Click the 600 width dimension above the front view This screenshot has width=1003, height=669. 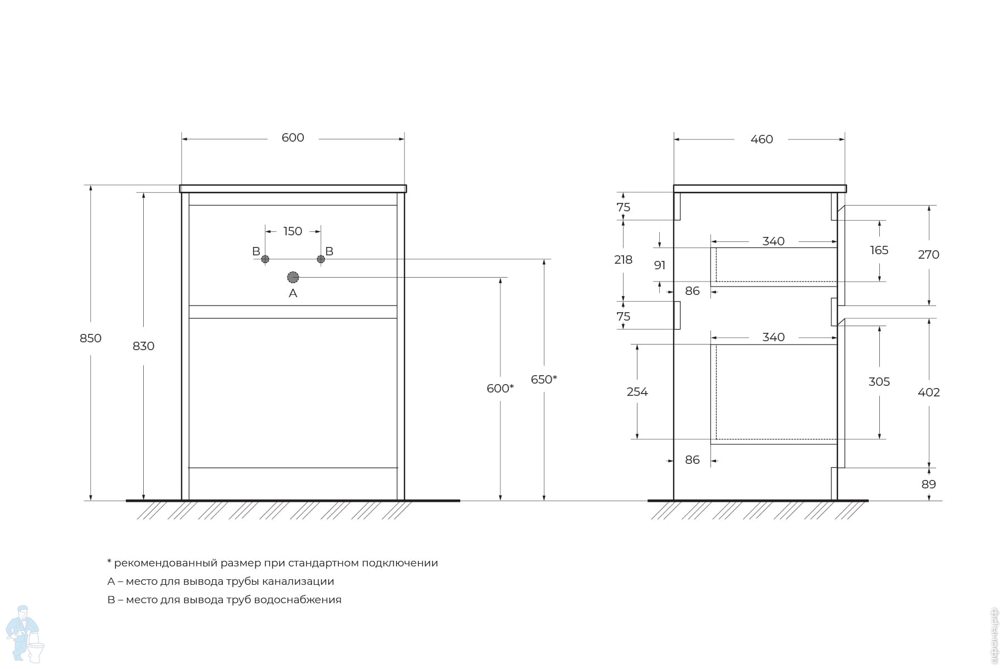[x=293, y=138]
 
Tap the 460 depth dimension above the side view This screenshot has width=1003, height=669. [x=761, y=139]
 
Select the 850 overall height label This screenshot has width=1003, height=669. [x=90, y=338]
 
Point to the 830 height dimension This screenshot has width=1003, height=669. [x=143, y=346]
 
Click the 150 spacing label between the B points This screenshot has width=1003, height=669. [x=293, y=231]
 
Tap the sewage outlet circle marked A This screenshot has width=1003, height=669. [x=293, y=277]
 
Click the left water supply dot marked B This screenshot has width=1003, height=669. [x=265, y=259]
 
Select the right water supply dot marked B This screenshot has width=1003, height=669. [x=321, y=259]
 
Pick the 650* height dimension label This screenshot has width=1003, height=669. [x=543, y=380]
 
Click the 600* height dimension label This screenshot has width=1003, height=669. [x=500, y=389]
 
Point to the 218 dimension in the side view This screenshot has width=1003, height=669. [x=623, y=260]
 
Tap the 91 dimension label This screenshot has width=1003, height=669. [x=660, y=265]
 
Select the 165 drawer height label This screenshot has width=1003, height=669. [x=879, y=250]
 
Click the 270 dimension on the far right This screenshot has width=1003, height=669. [x=928, y=255]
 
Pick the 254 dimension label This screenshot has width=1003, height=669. [x=637, y=392]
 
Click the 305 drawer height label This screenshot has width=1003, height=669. [x=879, y=382]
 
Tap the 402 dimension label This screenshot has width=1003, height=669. [x=928, y=392]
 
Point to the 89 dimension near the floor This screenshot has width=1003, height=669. [x=928, y=484]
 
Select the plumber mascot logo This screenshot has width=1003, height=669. [x=24, y=634]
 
